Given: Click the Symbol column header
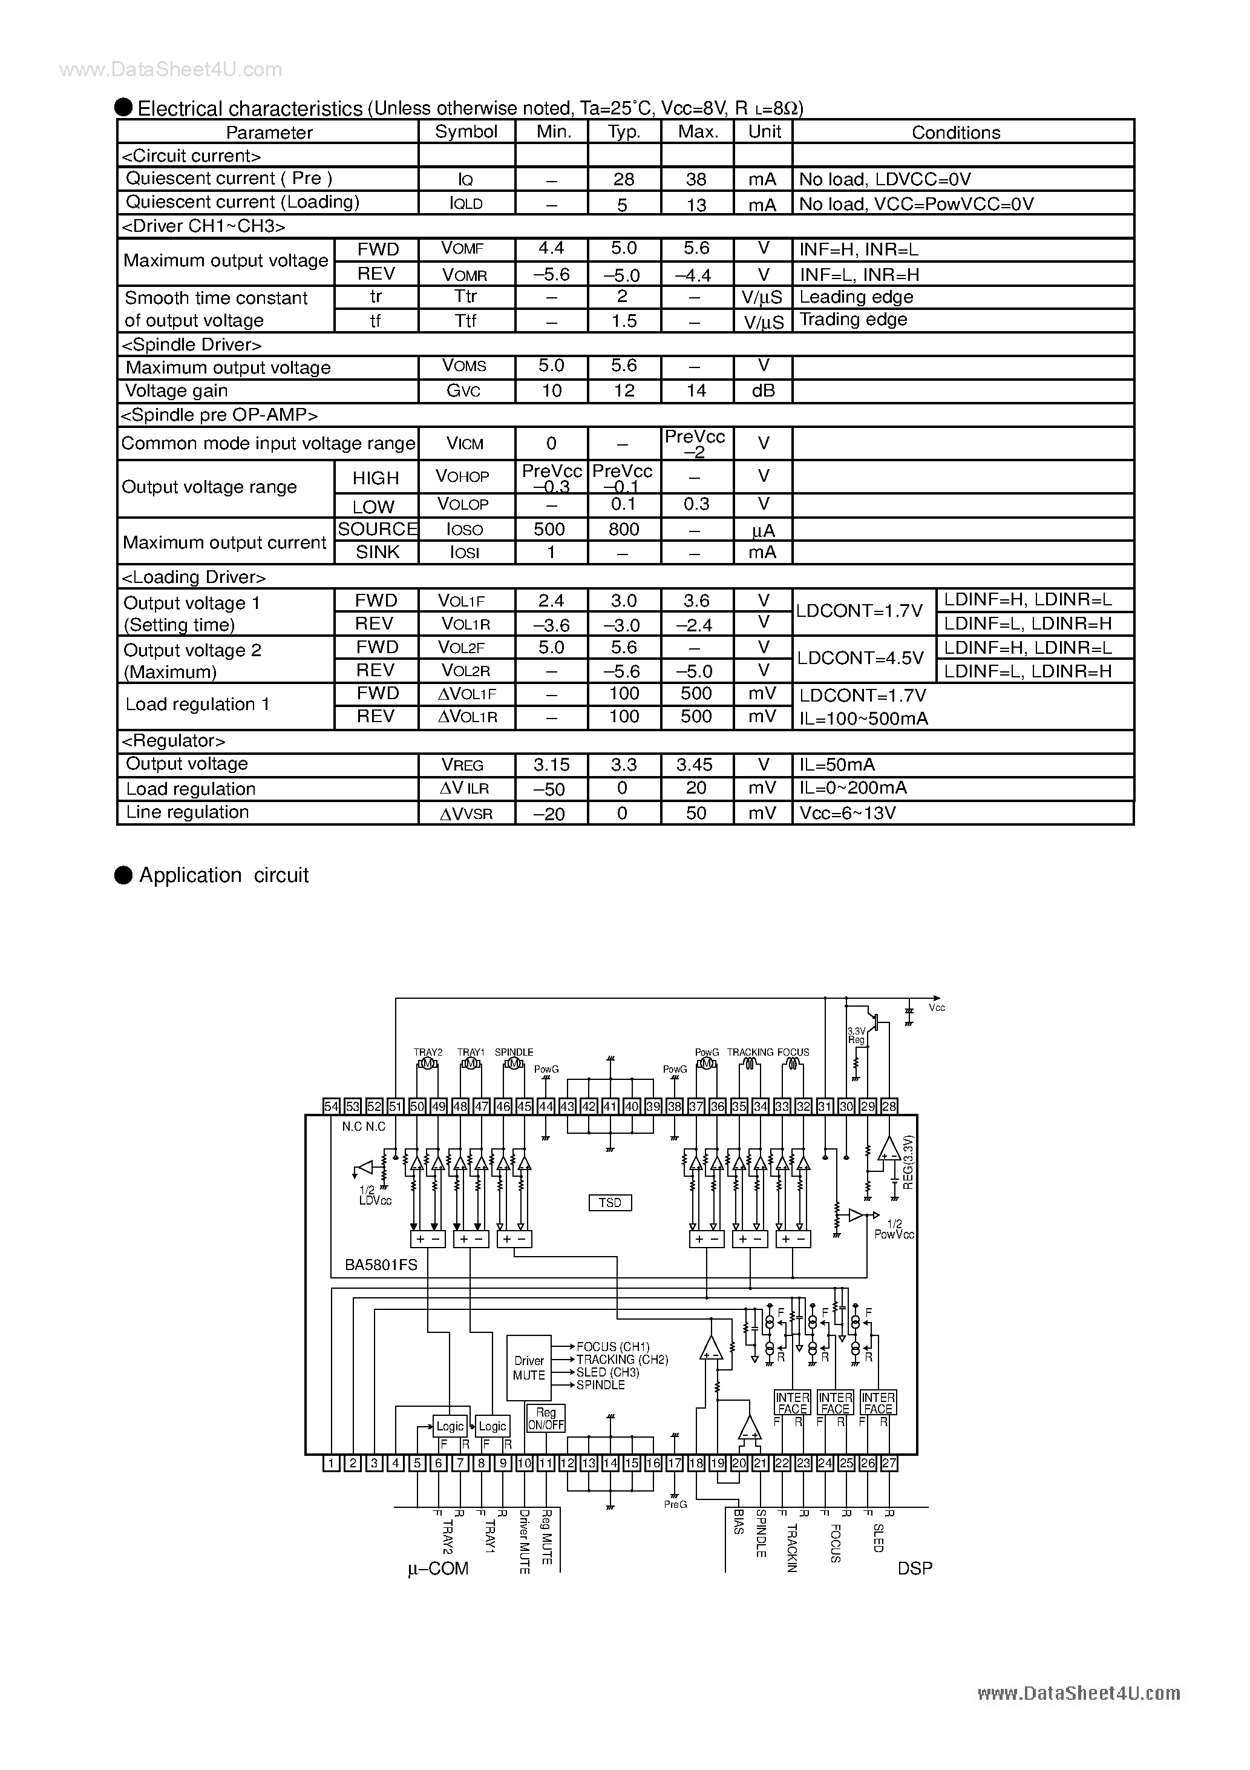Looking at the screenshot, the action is (x=466, y=132).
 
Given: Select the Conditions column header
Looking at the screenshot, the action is (x=955, y=133).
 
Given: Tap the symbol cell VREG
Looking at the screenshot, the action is (x=462, y=765).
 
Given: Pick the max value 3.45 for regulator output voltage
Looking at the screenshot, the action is (x=695, y=765).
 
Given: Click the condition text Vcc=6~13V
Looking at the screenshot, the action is (x=848, y=812).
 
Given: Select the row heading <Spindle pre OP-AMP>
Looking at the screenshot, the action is (x=220, y=415).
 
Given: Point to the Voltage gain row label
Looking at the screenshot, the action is (x=177, y=391).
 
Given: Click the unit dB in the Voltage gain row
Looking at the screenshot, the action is (x=763, y=391).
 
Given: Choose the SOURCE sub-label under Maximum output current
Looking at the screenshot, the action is (x=377, y=529).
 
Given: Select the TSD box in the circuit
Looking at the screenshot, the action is (x=610, y=1203).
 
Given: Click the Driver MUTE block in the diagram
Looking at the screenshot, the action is (x=529, y=1367).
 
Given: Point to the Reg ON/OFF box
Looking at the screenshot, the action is (x=546, y=1418).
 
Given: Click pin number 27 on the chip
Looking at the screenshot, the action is (x=889, y=1463).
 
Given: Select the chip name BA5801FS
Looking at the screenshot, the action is (x=381, y=1265).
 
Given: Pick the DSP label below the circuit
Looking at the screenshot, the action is (x=915, y=1568).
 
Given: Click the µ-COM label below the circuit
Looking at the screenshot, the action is (x=437, y=1569).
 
